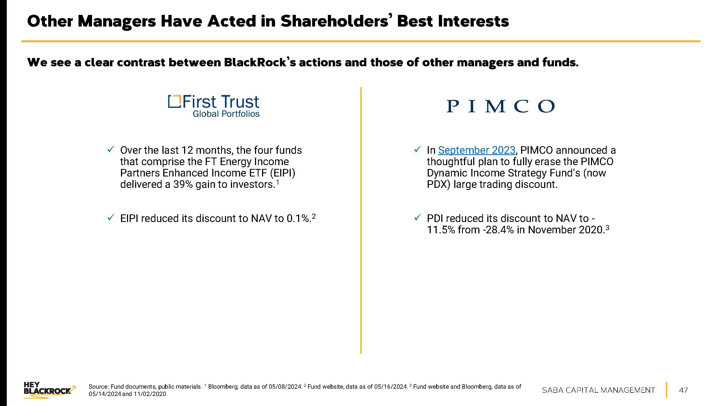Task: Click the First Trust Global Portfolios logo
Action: (x=214, y=106)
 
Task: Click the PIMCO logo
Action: (x=500, y=106)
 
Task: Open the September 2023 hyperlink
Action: (x=476, y=150)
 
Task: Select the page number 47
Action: (x=683, y=390)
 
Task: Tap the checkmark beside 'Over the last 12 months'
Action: (x=110, y=149)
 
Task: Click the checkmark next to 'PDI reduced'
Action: (x=417, y=217)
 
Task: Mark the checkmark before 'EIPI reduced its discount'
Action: (x=110, y=217)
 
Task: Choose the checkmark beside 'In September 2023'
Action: (x=417, y=149)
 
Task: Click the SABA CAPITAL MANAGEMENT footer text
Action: (x=598, y=390)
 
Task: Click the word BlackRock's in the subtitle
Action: (x=260, y=63)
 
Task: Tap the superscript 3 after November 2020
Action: (x=607, y=228)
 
